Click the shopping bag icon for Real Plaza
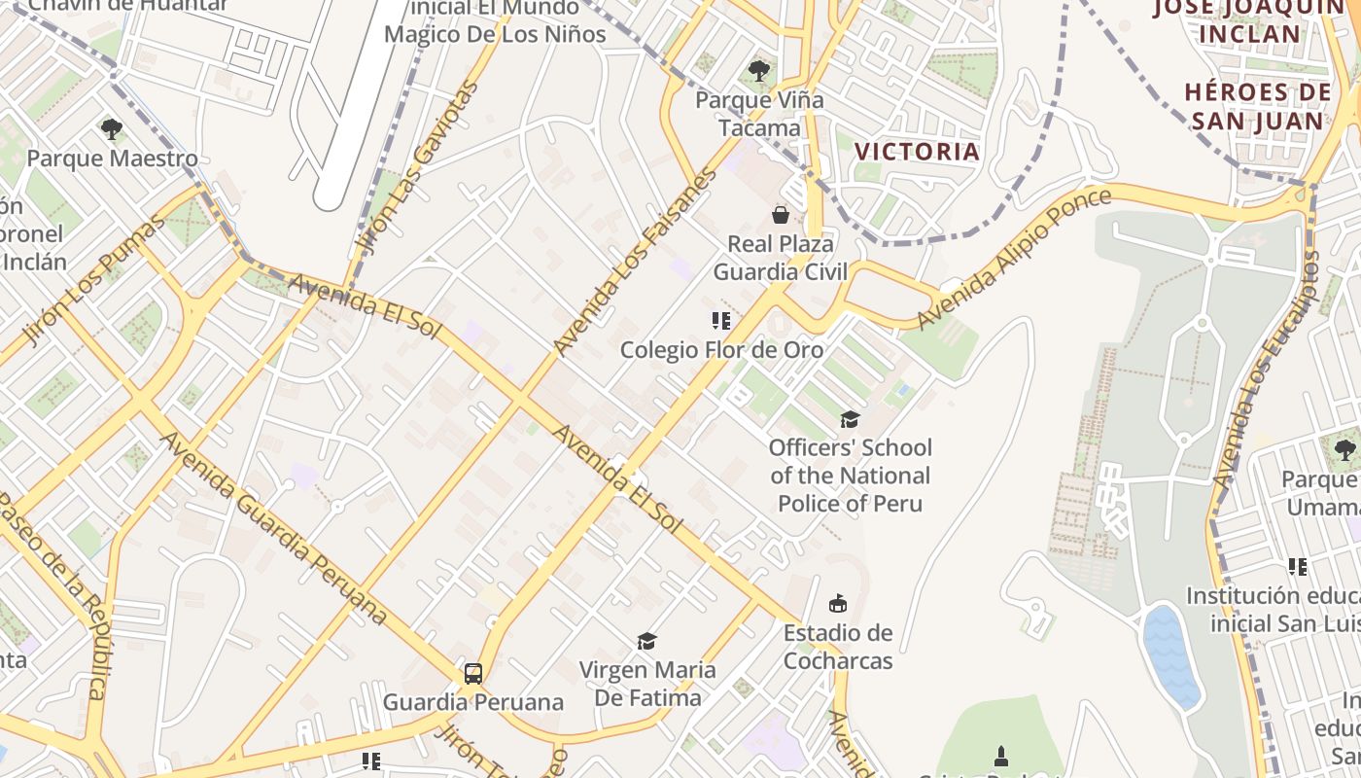pos(780,214)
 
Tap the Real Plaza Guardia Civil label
pos(781,258)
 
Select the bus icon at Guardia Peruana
pos(472,673)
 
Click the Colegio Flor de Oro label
pos(721,349)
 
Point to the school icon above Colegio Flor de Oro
pos(721,320)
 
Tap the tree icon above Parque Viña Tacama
pos(759,71)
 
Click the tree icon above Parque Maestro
pos(112,128)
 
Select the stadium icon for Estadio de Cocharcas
pos(838,604)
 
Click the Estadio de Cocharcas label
pos(838,647)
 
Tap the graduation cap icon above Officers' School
pos(851,419)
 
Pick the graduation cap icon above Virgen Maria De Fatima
pos(646,641)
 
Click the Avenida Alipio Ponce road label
pos(1015,258)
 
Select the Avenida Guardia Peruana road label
pos(273,528)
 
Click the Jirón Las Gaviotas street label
pos(418,167)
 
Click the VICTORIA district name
pos(917,152)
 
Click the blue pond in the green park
pos(1172,656)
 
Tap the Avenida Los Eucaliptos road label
pos(1266,370)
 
